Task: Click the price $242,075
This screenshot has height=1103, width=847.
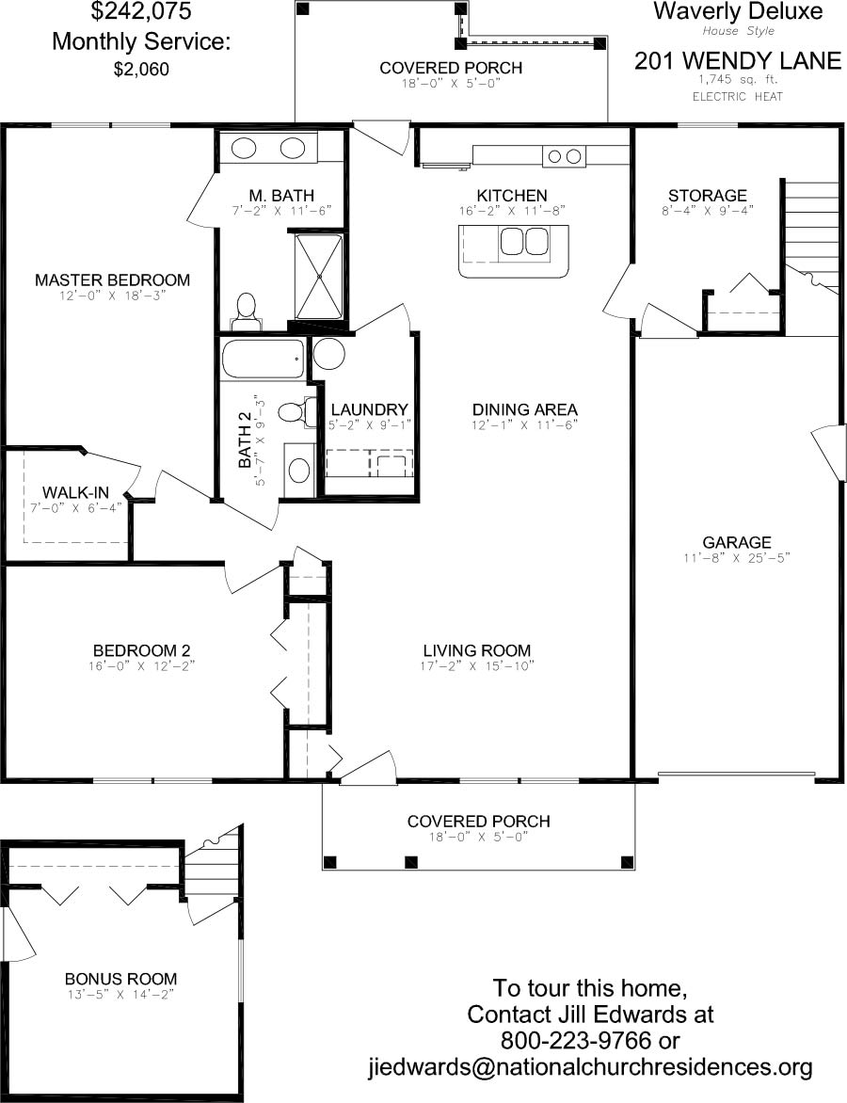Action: [x=141, y=11]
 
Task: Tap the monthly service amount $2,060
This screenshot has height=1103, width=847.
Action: [x=141, y=69]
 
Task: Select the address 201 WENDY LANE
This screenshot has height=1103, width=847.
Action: [x=738, y=61]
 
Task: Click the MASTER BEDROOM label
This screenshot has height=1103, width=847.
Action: [x=113, y=280]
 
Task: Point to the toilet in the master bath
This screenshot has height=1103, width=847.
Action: [x=246, y=313]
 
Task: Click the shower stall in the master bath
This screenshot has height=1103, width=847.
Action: [x=319, y=277]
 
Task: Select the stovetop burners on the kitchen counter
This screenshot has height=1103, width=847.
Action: [x=565, y=156]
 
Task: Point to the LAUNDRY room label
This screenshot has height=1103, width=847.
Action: [x=369, y=409]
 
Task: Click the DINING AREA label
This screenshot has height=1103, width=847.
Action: [x=525, y=409]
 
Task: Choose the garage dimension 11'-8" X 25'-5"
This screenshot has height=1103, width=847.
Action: [x=737, y=558]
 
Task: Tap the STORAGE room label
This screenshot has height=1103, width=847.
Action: [x=707, y=196]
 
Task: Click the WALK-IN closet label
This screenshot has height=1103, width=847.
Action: [x=75, y=492]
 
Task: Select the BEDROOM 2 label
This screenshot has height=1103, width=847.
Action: [x=141, y=650]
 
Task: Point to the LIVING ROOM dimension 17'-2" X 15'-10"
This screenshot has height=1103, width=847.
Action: [x=477, y=666]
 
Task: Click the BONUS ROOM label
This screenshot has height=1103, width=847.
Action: [x=121, y=979]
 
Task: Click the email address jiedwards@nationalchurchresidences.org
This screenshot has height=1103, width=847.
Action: [x=590, y=1067]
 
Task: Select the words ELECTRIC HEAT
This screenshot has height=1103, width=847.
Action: [x=737, y=96]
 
